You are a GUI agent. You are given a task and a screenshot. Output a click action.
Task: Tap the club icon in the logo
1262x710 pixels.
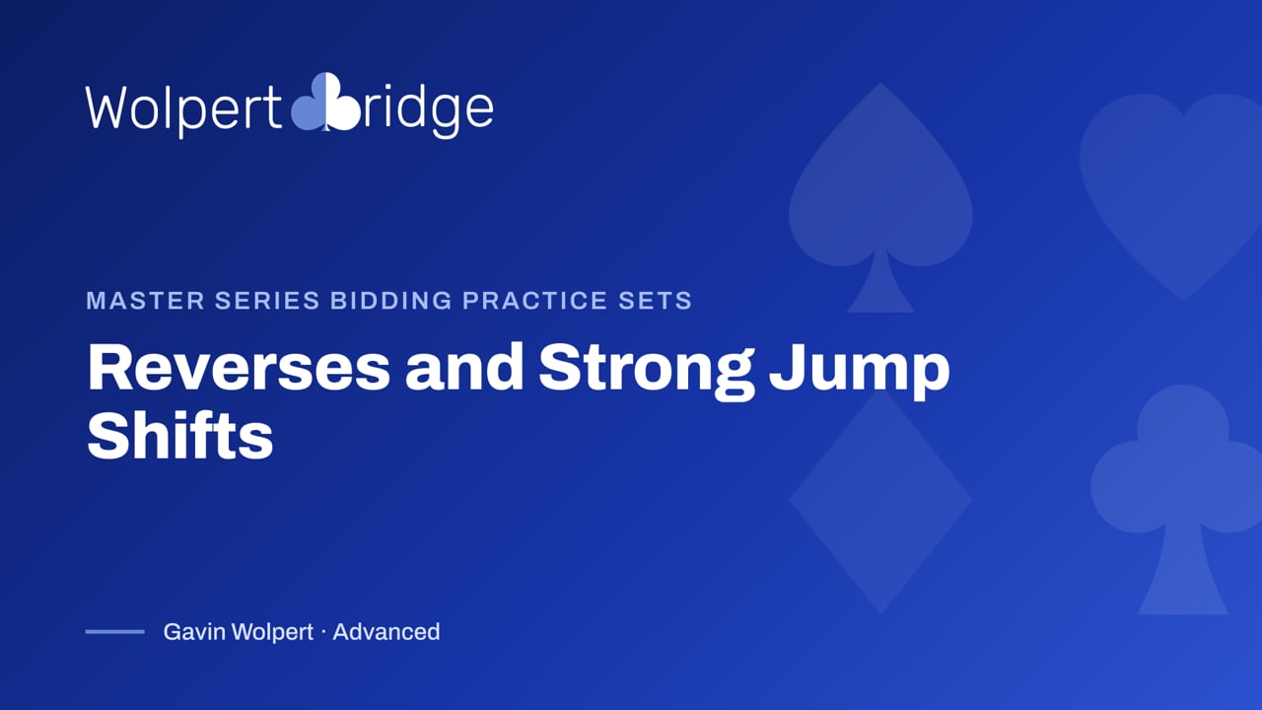[x=325, y=102]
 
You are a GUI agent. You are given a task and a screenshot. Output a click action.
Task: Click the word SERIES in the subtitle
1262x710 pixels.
[x=267, y=301]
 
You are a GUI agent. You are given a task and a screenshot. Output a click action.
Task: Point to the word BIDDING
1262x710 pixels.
[x=391, y=301]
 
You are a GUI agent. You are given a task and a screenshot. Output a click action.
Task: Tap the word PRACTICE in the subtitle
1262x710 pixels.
[x=535, y=301]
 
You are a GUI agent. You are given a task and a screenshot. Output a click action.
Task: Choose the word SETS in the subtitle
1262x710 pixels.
[x=656, y=301]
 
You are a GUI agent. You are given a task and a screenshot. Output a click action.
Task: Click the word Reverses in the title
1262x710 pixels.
[x=239, y=368]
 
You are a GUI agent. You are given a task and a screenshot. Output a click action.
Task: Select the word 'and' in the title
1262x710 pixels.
[x=464, y=368]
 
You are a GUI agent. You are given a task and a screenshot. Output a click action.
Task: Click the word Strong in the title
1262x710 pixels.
[x=646, y=371]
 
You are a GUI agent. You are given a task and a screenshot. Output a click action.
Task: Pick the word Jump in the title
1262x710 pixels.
[x=860, y=372]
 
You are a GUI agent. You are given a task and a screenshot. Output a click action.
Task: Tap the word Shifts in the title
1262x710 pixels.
[x=180, y=435]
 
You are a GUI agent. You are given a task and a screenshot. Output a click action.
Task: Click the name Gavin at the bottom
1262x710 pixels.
[x=194, y=632]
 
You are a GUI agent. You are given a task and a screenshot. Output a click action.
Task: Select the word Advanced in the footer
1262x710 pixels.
[x=386, y=632]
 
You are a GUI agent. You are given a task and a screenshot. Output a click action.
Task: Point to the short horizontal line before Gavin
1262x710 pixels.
[x=115, y=632]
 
